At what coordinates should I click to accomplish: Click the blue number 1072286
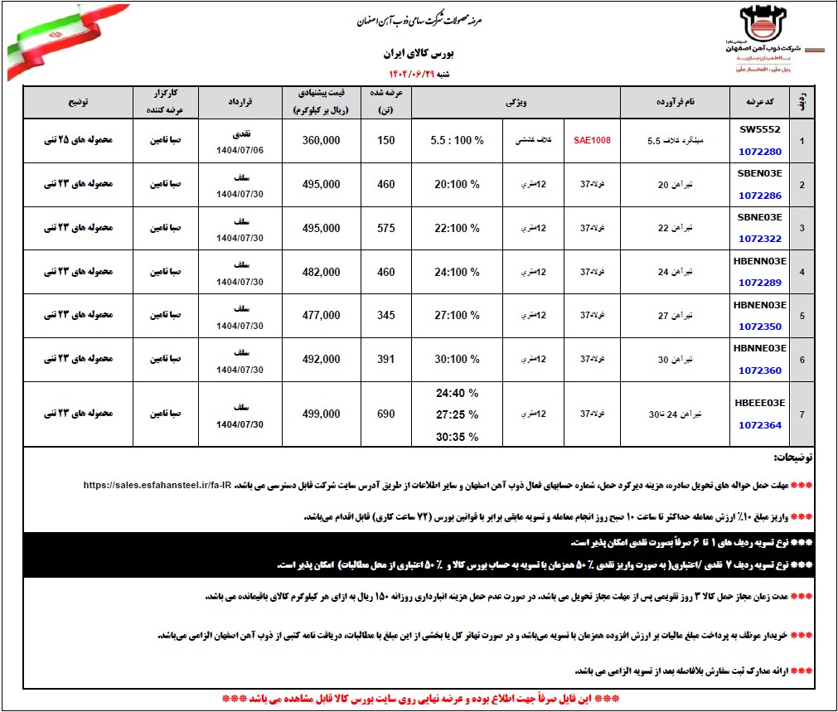(760, 196)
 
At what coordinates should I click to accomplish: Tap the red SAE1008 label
(592, 140)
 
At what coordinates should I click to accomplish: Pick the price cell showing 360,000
(321, 140)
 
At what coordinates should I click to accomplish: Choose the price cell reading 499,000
(321, 414)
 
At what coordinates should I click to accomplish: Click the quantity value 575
(386, 228)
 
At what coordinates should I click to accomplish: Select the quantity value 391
(386, 359)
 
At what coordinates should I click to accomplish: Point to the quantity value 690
(386, 414)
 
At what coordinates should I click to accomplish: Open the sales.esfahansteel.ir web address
(156, 484)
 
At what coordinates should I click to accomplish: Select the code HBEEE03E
(760, 403)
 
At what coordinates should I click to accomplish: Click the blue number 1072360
(760, 370)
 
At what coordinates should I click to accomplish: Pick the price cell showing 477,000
(321, 315)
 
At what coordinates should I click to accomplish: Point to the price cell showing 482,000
(321, 272)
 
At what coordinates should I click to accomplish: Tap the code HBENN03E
(760, 261)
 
